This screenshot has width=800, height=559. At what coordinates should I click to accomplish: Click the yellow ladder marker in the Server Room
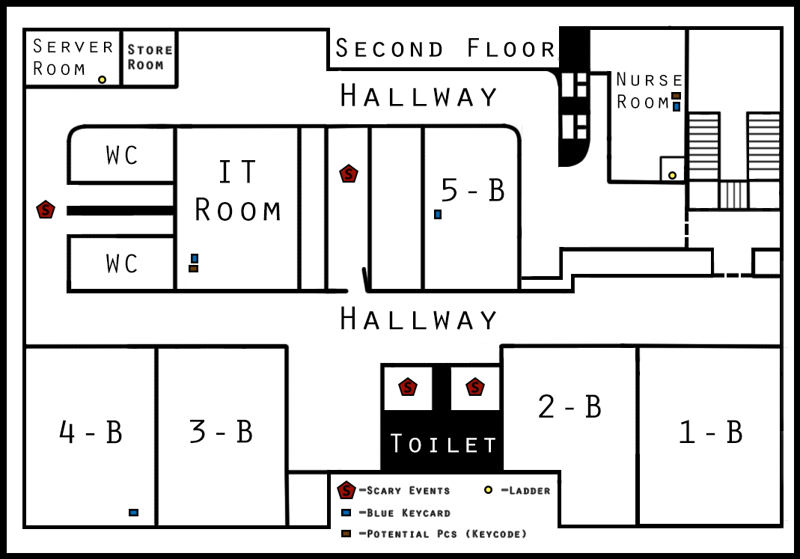click(x=102, y=79)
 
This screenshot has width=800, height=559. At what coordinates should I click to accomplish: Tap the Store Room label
click(x=150, y=57)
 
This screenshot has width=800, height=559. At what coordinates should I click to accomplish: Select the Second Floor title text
click(x=445, y=49)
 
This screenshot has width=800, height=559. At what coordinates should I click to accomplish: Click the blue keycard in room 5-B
click(x=438, y=214)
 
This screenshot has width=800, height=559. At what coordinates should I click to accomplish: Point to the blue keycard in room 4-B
click(x=134, y=513)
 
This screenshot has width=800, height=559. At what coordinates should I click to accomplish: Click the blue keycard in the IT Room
click(x=195, y=259)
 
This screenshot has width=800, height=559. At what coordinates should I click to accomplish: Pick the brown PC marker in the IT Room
click(x=193, y=269)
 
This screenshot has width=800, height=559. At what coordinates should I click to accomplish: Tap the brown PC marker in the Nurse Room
click(x=676, y=96)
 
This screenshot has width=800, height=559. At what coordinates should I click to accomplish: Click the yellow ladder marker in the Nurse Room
click(x=673, y=175)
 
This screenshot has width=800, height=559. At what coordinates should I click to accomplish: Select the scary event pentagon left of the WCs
click(x=46, y=210)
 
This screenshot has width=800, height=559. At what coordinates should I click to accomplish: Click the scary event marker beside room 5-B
click(x=349, y=174)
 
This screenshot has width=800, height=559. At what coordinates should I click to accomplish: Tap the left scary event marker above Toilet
click(x=408, y=387)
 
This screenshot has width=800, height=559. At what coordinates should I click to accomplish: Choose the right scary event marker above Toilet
click(x=475, y=387)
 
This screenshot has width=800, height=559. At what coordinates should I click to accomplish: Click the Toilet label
click(x=443, y=444)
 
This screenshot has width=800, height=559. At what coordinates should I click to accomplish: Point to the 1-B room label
click(x=710, y=432)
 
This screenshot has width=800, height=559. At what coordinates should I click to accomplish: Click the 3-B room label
click(x=221, y=432)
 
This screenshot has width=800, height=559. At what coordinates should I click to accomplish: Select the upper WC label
click(x=122, y=155)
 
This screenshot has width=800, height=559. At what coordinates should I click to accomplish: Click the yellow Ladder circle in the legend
click(x=488, y=490)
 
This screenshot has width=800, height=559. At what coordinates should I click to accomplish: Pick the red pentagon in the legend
click(x=346, y=490)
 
